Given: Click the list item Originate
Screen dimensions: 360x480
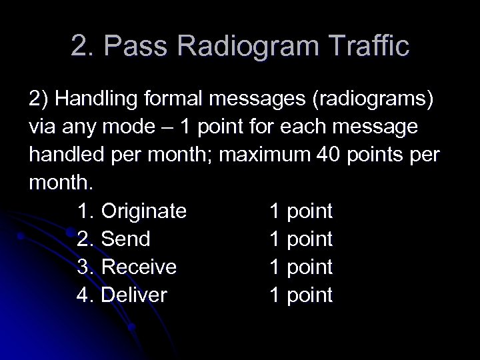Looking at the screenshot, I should tap(143, 211).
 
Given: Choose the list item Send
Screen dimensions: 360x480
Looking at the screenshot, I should tap(125, 239).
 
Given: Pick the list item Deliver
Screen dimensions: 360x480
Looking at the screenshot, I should tap(133, 295).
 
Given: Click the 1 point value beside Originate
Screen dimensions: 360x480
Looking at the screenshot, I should tap(301, 211).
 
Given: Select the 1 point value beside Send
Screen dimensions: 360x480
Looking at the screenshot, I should tap(301, 239).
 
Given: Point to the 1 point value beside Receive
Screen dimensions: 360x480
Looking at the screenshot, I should tap(301, 267).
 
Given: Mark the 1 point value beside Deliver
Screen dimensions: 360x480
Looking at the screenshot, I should tap(301, 295).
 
